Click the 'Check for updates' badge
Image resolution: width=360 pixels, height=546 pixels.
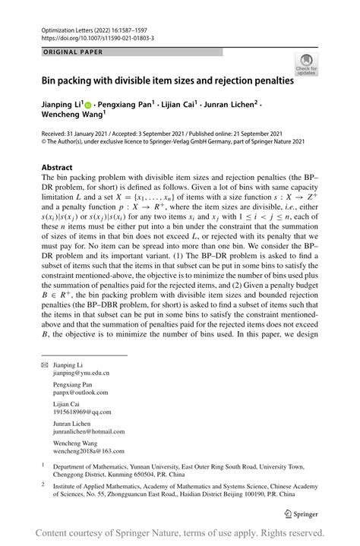[307, 64]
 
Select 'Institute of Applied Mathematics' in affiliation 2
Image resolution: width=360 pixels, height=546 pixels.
[107, 492]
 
